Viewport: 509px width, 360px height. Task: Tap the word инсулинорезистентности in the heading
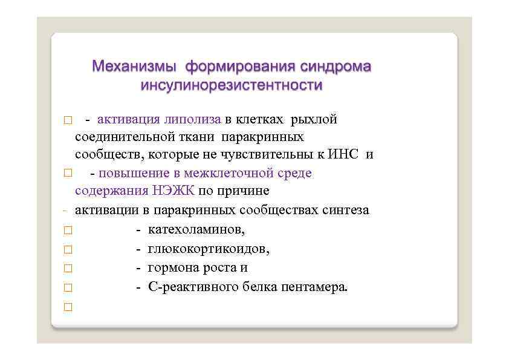click(x=232, y=85)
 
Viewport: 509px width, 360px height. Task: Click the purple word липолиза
click(x=193, y=119)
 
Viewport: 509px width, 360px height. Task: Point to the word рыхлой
click(x=314, y=119)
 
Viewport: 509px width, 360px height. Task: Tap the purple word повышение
click(x=130, y=173)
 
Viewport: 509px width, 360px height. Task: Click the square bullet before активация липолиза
click(x=67, y=119)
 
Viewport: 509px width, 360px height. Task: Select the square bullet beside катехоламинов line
click(x=67, y=230)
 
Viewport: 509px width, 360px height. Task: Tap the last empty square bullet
click(x=67, y=307)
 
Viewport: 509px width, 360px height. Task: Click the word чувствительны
click(x=277, y=154)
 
